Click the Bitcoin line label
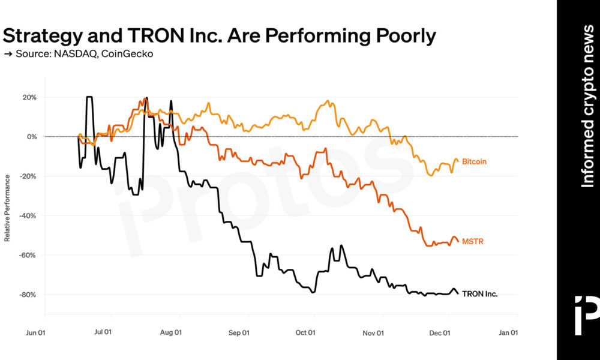[x=474, y=162]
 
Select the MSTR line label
[x=473, y=242]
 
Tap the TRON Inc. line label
[x=480, y=294]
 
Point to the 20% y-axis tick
[x=30, y=97]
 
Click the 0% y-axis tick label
[x=32, y=137]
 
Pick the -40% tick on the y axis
[x=29, y=215]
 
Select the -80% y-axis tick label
[x=29, y=295]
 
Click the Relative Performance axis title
[x=7, y=208]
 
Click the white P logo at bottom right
[x=586, y=314]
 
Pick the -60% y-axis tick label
[x=29, y=255]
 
